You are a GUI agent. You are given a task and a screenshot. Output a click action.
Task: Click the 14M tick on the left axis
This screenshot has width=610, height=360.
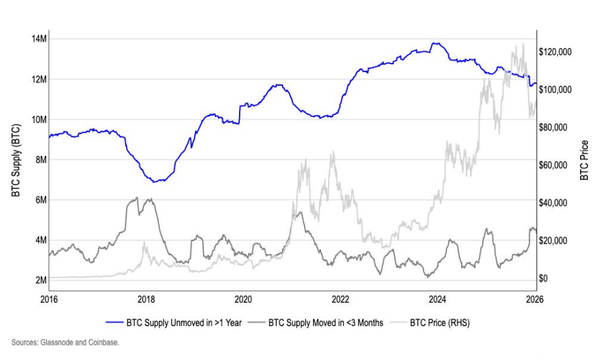pos(38,39)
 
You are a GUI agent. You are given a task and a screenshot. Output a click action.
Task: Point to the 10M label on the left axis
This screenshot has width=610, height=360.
pos(38,120)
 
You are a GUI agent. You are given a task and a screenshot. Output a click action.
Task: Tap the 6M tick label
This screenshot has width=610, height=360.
pos(40,200)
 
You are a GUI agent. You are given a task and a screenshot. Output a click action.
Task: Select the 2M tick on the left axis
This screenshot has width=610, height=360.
pos(40,280)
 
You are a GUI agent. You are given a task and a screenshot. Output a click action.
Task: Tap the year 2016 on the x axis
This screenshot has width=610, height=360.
pos(49,299)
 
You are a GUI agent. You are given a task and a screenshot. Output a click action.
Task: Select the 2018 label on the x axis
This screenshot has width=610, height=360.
pos(146,299)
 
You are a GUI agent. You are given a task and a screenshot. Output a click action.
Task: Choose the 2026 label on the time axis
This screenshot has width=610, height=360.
pos(535,299)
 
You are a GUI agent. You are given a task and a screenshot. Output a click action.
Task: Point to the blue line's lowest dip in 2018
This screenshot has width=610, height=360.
pos(155,181)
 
